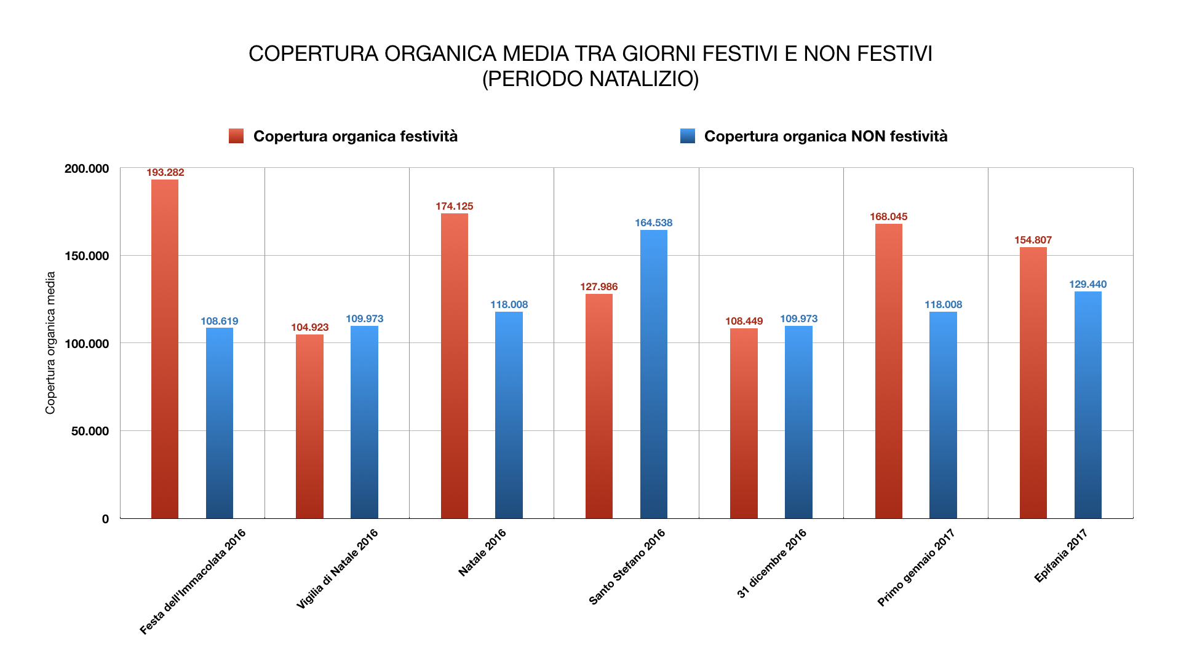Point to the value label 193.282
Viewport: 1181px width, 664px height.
click(x=165, y=173)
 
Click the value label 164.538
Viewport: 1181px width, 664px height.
click(x=653, y=223)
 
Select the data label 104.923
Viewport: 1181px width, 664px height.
click(x=309, y=327)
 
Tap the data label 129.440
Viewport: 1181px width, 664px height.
click(x=1088, y=284)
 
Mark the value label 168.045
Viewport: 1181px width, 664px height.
click(x=888, y=216)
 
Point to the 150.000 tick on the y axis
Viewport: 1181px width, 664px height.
click(x=87, y=256)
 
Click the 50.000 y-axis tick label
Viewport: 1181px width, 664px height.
click(x=90, y=431)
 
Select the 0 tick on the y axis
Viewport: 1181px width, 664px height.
click(x=105, y=519)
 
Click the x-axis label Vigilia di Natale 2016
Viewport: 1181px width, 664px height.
click(x=337, y=569)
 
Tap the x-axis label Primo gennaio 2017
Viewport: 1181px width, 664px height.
click(x=916, y=567)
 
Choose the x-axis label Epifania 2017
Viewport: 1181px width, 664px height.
click(x=1061, y=556)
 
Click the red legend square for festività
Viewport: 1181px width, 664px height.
click(x=236, y=136)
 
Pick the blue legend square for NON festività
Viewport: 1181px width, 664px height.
click(x=687, y=136)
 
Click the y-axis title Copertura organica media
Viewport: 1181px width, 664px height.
click(x=50, y=343)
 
